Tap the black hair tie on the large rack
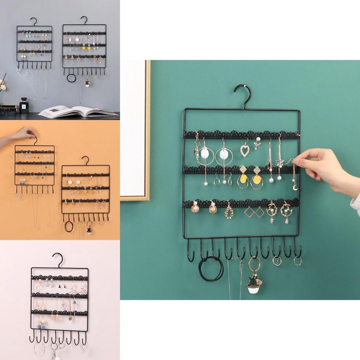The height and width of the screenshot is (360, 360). tap(211, 269)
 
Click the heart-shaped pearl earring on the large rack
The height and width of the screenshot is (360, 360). tap(245, 150)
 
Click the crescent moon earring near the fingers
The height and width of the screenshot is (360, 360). tap(295, 187)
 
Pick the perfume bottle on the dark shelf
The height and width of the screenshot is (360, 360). tap(24, 106)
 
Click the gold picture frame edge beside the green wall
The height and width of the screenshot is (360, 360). tap(148, 130)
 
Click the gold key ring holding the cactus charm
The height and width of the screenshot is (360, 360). tap(255, 264)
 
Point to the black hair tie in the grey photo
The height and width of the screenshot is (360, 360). tap(71, 78)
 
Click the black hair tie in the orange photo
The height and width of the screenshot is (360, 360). tap(69, 227)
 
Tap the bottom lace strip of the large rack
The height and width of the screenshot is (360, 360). tap(241, 203)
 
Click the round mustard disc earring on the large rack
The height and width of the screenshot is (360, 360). tap(257, 180)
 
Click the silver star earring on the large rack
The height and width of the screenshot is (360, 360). tap(280, 162)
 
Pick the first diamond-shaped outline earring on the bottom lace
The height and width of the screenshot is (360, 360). tap(249, 212)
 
